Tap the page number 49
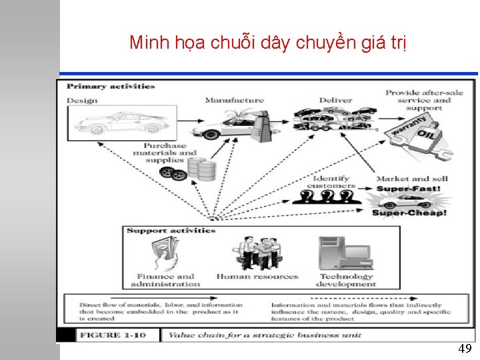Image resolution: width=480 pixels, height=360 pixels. point(465,349)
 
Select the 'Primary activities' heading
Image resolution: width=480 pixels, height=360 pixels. point(111,87)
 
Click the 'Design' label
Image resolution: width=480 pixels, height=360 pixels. point(82,101)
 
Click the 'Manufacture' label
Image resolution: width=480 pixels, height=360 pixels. point(234,101)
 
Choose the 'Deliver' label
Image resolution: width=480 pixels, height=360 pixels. point(335,101)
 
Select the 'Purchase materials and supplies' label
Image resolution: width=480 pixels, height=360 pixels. point(165,153)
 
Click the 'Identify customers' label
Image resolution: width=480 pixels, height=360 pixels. point(331,182)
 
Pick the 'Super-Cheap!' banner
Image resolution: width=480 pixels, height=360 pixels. point(409,213)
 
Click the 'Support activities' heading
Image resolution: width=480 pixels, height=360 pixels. point(171,231)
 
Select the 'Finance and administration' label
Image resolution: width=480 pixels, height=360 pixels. point(165,280)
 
